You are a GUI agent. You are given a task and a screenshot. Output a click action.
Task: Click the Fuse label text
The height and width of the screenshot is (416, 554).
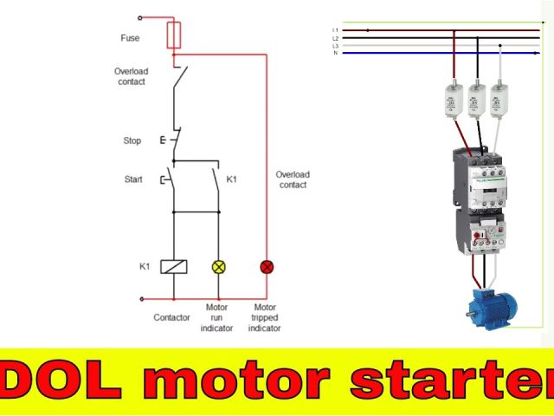click(130, 38)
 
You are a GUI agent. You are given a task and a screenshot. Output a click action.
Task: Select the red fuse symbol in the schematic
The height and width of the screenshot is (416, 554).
click(174, 36)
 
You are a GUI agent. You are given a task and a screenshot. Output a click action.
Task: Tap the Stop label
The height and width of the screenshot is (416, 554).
click(132, 140)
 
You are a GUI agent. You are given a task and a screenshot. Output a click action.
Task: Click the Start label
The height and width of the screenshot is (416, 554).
click(132, 180)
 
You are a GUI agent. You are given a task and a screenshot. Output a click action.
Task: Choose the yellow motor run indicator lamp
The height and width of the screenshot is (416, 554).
click(218, 266)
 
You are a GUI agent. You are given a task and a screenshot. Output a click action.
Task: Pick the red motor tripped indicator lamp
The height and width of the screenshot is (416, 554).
click(266, 266)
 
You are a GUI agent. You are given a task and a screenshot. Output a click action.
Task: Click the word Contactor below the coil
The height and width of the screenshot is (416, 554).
click(171, 317)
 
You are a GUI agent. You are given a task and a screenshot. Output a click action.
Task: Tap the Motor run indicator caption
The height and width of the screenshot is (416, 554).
click(217, 317)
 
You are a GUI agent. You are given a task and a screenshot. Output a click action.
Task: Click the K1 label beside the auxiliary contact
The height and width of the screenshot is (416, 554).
click(232, 180)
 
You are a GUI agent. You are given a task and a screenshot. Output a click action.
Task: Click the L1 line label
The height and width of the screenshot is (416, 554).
click(335, 30)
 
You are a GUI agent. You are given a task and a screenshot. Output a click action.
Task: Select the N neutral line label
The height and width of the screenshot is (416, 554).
click(335, 53)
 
